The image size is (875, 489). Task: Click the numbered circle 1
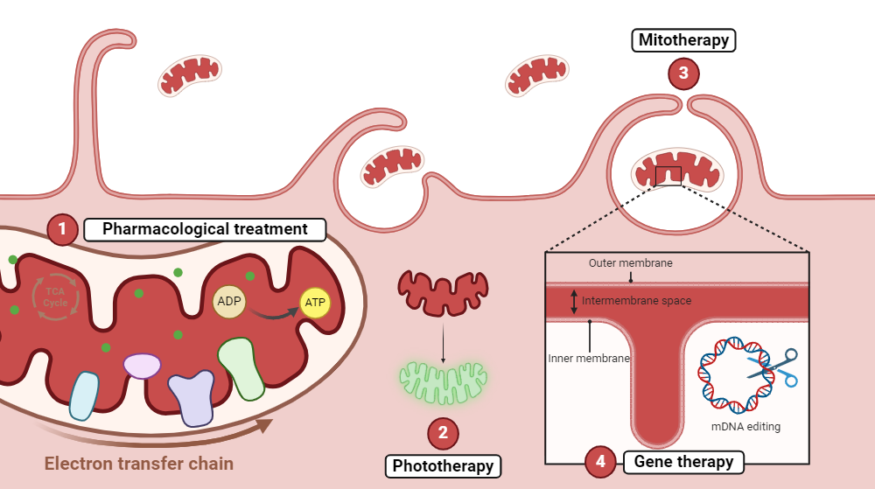click(62, 230)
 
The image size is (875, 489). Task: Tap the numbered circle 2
click(443, 432)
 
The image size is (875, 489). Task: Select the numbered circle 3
click(683, 73)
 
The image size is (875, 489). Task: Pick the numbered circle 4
click(600, 461)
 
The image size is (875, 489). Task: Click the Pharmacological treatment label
click(205, 230)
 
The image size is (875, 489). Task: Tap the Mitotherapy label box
click(683, 39)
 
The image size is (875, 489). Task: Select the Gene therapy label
click(683, 461)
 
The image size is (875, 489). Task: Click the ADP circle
click(229, 302)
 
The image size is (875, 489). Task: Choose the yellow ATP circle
click(315, 302)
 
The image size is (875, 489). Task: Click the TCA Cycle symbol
click(55, 297)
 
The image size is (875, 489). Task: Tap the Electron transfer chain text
click(139, 464)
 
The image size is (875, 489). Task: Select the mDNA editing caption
click(745, 427)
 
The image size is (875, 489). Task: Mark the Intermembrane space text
click(636, 301)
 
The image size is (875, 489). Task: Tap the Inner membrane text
click(588, 358)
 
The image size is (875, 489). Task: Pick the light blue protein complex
click(84, 395)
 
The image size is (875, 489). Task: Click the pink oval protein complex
click(142, 366)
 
